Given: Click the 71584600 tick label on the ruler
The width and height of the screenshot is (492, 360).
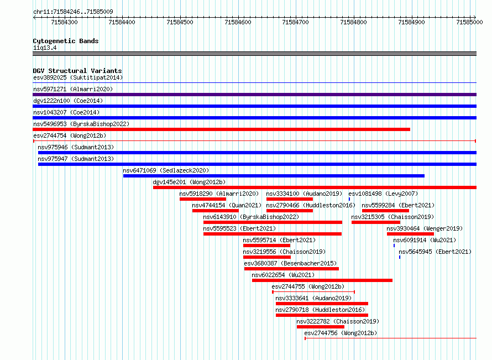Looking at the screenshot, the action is point(238,22).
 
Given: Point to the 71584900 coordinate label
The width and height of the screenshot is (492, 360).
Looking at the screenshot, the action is point(411,22).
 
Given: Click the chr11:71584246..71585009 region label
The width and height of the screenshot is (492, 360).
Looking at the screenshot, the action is point(73,12).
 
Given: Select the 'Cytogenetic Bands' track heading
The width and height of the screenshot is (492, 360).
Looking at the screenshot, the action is point(66,41).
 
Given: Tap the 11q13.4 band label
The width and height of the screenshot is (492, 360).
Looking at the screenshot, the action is point(45,48).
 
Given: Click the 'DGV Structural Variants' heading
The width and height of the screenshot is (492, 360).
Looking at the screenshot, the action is point(77,71).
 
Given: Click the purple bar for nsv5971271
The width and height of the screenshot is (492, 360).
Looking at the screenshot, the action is point(254,95).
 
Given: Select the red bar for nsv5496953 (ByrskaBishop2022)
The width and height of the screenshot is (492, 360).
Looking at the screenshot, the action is point(221,129).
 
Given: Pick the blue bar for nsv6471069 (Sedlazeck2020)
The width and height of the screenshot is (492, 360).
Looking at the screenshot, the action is point(274,176).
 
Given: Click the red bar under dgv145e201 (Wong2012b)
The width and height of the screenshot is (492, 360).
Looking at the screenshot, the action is point(315,187).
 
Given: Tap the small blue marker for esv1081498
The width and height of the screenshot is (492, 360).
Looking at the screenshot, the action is point(349,199).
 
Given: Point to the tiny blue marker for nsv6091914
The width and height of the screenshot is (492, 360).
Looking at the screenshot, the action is point(394,246).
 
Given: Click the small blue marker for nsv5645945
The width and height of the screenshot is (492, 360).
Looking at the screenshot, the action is point(400,257).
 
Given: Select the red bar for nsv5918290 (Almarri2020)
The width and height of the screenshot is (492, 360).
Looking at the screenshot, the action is point(203,199).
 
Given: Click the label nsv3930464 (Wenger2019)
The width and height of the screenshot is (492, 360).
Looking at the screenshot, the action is point(425,228).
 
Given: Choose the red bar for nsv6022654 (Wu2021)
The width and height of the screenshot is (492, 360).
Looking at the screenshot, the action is point(322,280).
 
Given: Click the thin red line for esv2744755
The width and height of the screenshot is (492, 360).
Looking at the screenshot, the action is point(313,292).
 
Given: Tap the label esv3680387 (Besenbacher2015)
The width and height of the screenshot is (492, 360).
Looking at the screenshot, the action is point(290,263).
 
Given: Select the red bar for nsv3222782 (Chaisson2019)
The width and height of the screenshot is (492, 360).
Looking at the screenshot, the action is point(321,327).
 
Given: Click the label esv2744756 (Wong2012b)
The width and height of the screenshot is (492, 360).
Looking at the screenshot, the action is point(341,333).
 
